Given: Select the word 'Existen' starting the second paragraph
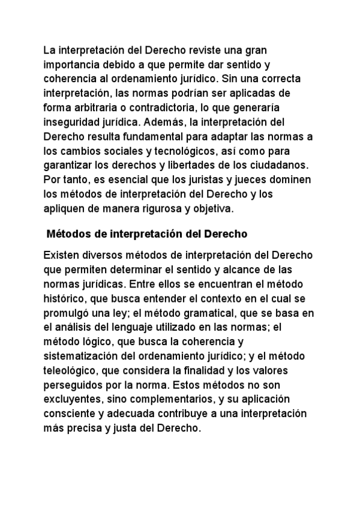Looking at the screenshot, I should click(61, 256).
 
